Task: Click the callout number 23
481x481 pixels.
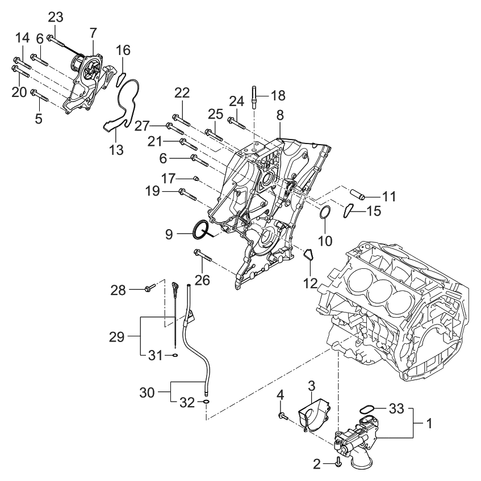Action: pos(55,18)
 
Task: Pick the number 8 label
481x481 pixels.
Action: pos(279,115)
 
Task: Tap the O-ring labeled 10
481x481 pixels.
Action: pos(324,213)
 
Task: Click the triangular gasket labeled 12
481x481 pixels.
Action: pos(309,257)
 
